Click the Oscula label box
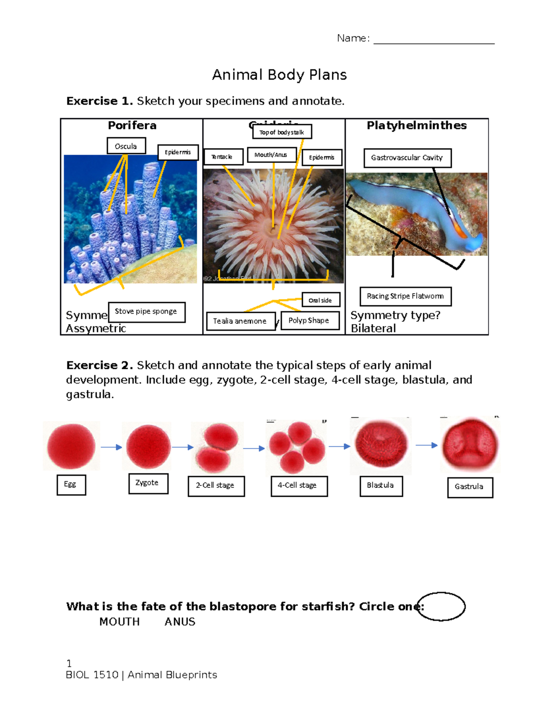coord(126,146)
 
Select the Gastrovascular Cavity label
coord(407,158)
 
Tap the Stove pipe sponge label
coord(147,312)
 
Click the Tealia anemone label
coord(240,321)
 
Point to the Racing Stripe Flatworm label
coord(405,296)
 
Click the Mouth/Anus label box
coord(271,155)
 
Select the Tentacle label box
coord(223,157)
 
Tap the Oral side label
coord(321,300)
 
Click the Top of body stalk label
coord(282,132)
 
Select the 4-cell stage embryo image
coord(296,447)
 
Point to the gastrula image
coord(470,445)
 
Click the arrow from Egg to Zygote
coord(111,447)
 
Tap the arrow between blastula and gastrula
coord(426,445)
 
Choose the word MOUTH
coord(119,622)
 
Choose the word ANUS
coord(180,622)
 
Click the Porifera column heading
coord(132,126)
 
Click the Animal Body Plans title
coord(279,75)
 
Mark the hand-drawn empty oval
coord(441,606)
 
